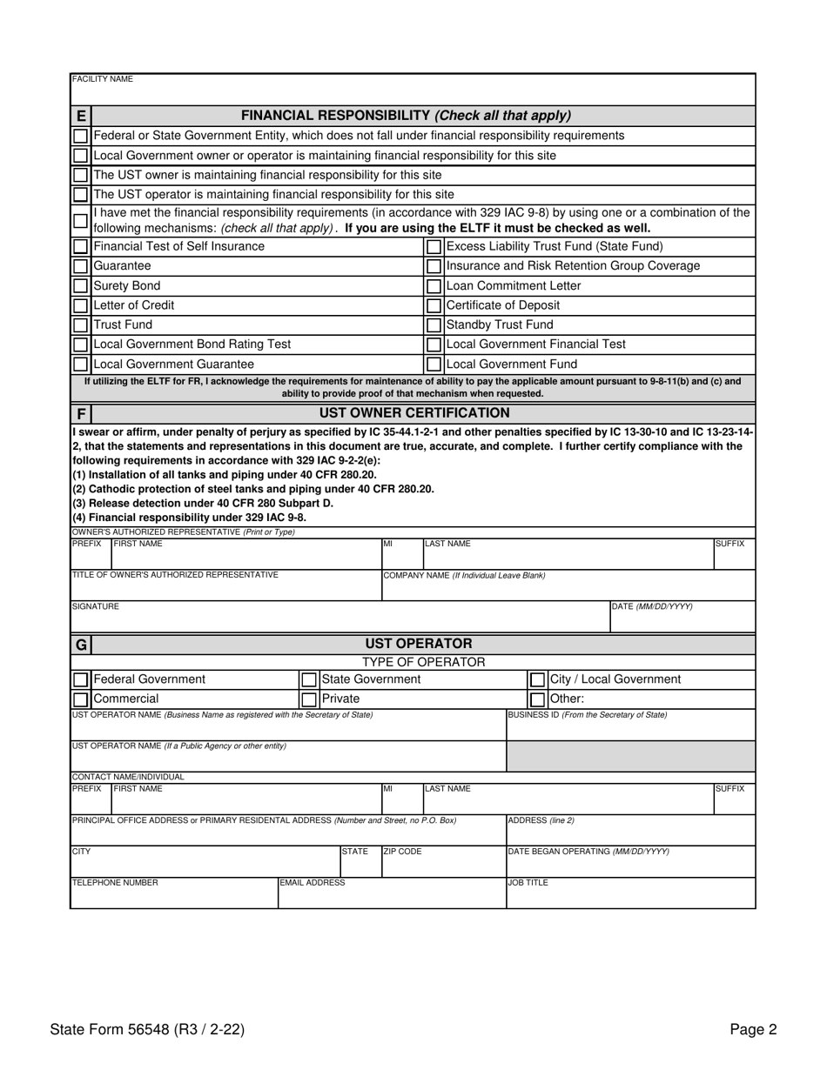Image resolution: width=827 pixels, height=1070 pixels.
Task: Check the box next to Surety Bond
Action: (x=80, y=286)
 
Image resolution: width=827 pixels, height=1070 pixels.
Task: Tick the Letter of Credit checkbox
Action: (x=80, y=305)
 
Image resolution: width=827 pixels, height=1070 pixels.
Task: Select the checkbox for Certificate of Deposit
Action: (x=434, y=305)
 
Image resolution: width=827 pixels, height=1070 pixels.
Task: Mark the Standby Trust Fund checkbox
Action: (x=434, y=325)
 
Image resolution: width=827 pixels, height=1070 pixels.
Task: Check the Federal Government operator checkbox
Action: (x=80, y=679)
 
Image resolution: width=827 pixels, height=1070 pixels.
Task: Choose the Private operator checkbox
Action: (x=308, y=699)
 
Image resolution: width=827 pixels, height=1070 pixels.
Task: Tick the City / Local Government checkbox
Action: (x=538, y=679)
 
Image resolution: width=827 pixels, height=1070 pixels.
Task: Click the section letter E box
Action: (x=80, y=116)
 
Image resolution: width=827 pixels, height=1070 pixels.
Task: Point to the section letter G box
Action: (x=80, y=645)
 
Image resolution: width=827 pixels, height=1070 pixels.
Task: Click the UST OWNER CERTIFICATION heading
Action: (x=414, y=412)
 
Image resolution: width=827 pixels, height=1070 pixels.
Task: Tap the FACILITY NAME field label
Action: (x=103, y=79)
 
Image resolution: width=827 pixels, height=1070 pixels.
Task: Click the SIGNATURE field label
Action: (x=95, y=606)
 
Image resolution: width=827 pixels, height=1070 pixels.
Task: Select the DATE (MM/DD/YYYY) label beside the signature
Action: (x=652, y=606)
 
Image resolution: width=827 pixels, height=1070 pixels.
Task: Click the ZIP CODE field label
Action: (x=402, y=852)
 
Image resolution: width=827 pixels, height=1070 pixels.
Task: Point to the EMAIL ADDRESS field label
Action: (x=313, y=882)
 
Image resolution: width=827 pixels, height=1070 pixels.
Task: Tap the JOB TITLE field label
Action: (x=528, y=882)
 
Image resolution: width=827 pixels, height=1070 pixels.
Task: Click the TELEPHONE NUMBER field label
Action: (x=115, y=882)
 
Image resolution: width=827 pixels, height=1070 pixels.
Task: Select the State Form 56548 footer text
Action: (x=147, y=1030)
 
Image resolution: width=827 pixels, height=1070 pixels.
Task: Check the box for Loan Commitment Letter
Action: (x=434, y=286)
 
